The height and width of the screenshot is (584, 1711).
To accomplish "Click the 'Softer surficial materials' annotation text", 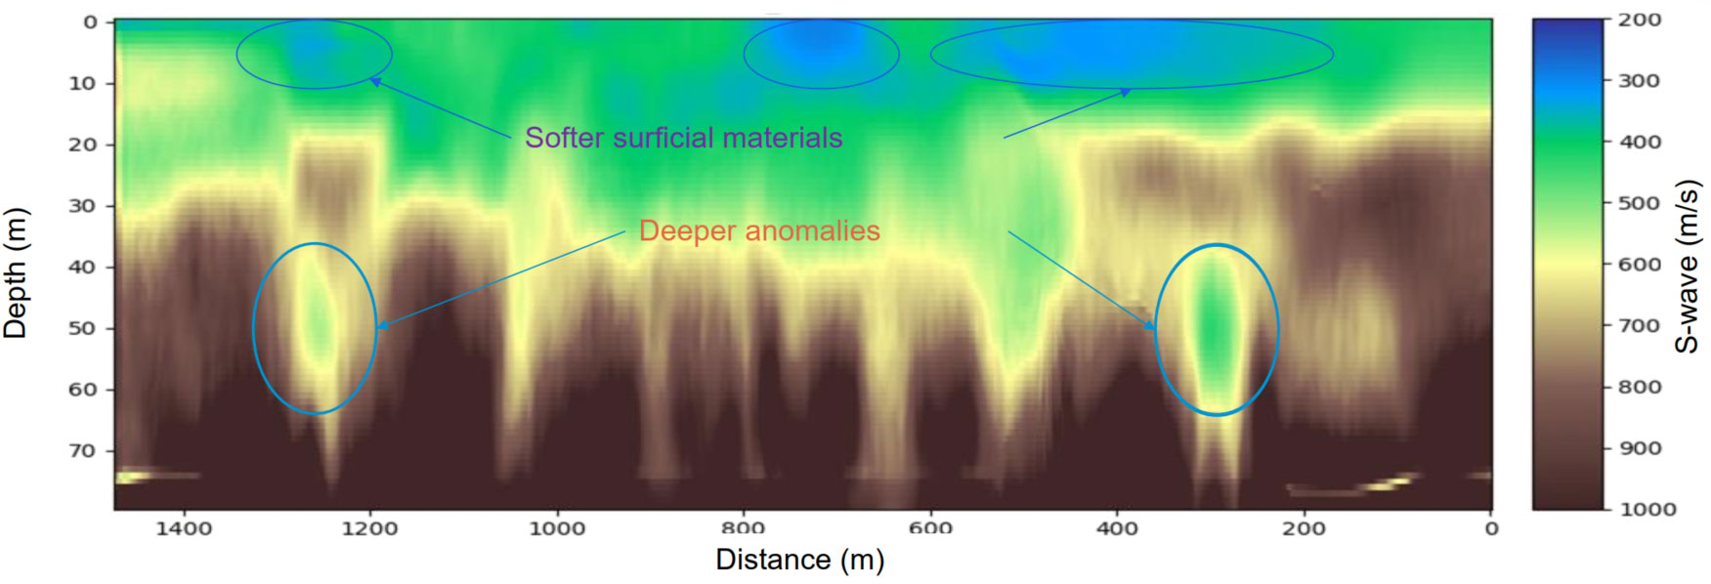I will point(683,138).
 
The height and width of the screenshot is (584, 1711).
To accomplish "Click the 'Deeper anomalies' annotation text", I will point(759,230).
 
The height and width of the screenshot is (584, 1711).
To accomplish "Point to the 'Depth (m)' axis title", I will point(16,273).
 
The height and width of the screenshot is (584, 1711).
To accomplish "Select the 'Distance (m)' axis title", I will point(799,560).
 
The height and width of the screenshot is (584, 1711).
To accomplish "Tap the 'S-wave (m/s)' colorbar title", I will point(1689,266).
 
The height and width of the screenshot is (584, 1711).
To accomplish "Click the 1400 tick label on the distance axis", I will point(184,529).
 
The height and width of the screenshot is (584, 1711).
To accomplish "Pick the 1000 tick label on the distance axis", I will point(557,529).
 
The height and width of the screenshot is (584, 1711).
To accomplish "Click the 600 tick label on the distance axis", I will point(930,529).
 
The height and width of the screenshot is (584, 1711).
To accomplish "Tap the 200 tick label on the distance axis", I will point(1304,529).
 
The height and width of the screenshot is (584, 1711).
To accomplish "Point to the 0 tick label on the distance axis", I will point(1491,529).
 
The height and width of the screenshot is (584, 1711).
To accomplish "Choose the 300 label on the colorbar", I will point(1640,81).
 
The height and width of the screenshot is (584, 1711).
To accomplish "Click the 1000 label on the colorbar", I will point(1647,509).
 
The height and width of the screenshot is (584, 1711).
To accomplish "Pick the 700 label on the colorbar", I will point(1640,325).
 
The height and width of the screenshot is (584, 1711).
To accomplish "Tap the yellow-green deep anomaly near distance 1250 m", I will point(315,322).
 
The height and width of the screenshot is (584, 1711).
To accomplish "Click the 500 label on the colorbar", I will point(1640,203).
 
